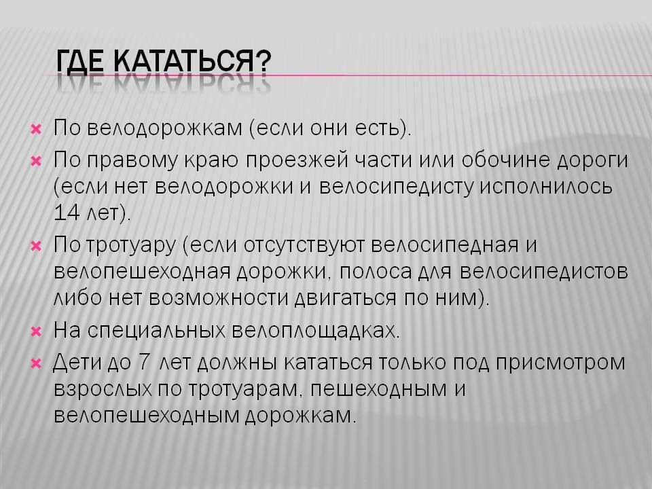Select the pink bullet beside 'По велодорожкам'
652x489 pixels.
(37, 130)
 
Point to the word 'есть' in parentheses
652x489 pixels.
(377, 128)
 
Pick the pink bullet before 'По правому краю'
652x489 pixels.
(37, 162)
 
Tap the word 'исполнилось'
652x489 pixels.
(546, 187)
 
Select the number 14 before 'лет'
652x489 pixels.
(67, 213)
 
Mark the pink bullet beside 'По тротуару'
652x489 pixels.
(37, 246)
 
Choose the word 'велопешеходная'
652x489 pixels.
(142, 272)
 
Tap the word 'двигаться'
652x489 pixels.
(346, 299)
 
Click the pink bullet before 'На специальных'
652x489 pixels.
(37, 332)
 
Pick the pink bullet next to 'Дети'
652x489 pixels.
(37, 364)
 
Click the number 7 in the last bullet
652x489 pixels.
(143, 362)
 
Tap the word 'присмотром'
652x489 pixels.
(560, 363)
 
